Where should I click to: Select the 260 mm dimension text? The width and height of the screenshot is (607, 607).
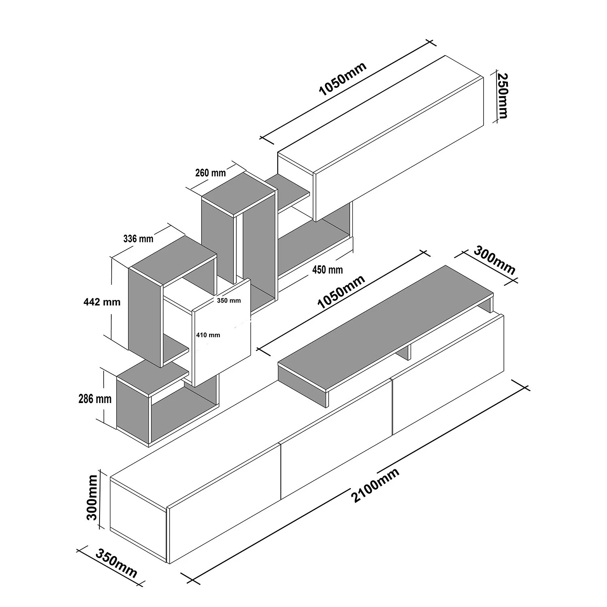pos(210,173)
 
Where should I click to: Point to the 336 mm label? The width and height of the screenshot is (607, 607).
pos(138,239)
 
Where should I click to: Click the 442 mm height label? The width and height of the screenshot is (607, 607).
pos(102,301)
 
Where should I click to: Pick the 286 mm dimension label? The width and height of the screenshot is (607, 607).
pos(95,399)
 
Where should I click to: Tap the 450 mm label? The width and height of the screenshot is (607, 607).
pos(328,270)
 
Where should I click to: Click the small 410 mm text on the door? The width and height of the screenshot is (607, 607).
pos(208,335)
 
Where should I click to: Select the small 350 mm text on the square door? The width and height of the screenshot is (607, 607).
pos(229,300)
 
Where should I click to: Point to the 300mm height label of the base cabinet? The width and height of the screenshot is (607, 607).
pos(93,497)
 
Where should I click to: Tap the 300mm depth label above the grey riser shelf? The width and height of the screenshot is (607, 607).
pos(495,260)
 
